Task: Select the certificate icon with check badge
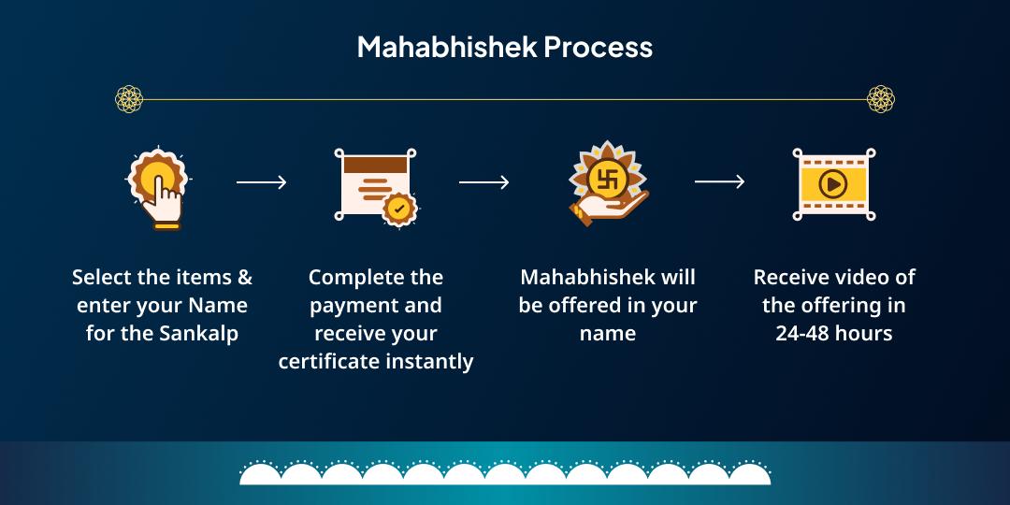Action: [x=374, y=185]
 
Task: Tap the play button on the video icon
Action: [x=832, y=183]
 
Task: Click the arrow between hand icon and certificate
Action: [x=261, y=182]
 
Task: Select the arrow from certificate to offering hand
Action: [x=483, y=182]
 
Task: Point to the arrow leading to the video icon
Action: [x=719, y=182]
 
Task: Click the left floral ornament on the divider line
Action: [x=129, y=98]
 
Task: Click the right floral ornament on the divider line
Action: [x=881, y=98]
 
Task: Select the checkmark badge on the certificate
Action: [x=399, y=209]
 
